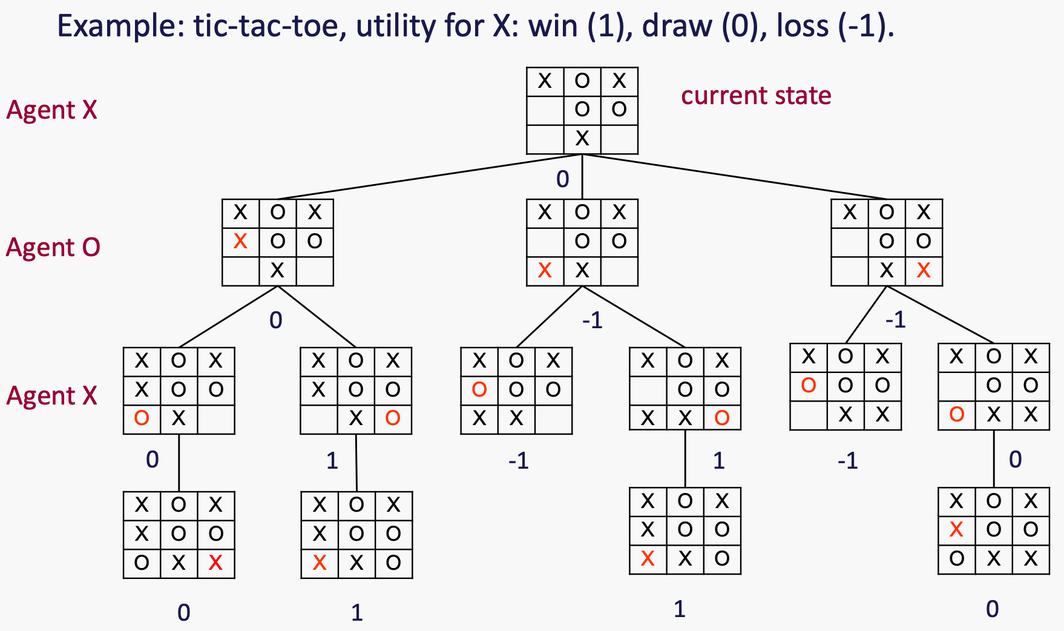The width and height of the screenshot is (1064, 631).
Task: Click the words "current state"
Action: click(x=756, y=96)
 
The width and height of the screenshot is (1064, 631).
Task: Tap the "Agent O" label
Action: click(x=53, y=248)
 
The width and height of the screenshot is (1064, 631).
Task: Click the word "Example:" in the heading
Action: click(x=120, y=26)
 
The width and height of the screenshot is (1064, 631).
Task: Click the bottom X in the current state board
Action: click(x=582, y=139)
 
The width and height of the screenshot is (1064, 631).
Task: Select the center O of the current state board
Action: click(x=582, y=110)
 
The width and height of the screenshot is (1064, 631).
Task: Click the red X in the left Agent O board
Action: click(x=240, y=242)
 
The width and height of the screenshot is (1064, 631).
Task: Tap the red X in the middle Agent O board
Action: click(x=545, y=271)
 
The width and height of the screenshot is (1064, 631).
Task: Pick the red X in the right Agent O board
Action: click(x=924, y=271)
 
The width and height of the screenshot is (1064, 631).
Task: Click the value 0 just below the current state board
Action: click(x=563, y=179)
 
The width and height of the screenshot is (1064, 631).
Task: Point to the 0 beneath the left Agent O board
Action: click(x=276, y=320)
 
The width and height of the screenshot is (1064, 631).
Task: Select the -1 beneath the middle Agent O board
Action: click(x=593, y=320)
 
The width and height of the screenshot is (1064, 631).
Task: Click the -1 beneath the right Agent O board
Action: click(x=895, y=319)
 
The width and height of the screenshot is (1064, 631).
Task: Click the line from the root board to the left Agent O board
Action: click(x=430, y=177)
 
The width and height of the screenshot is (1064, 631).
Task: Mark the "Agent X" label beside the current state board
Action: click(x=52, y=110)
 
